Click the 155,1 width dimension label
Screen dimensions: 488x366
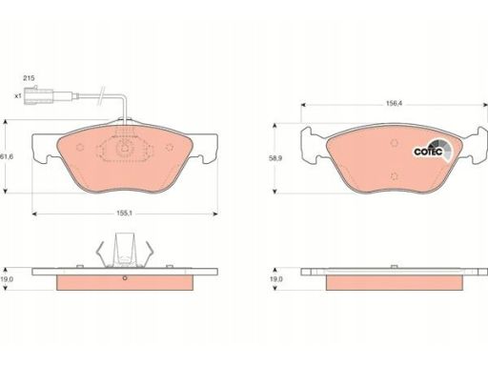click(124, 213)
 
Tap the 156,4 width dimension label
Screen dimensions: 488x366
click(394, 103)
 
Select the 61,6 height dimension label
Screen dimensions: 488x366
click(7, 156)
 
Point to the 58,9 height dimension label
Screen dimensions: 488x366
click(275, 158)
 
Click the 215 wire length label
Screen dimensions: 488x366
click(29, 78)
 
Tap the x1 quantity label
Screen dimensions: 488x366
click(18, 95)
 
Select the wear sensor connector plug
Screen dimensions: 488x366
click(39, 94)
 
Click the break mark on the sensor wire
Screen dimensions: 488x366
click(101, 95)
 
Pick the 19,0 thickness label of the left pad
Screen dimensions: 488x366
click(7, 279)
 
